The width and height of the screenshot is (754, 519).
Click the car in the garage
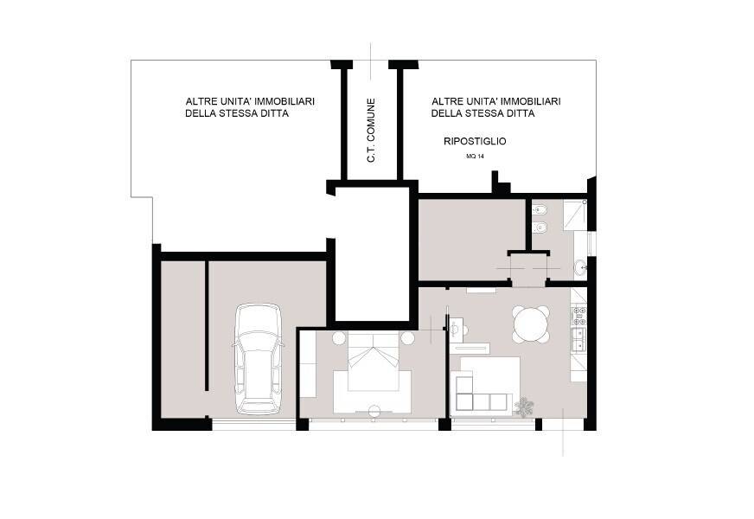[x=258, y=359]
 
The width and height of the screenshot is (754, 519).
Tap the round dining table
[x=530, y=324]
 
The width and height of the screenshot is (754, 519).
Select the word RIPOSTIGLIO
[x=475, y=141]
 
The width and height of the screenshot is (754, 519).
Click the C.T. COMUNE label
[x=371, y=131]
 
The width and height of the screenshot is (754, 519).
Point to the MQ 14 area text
[x=475, y=157]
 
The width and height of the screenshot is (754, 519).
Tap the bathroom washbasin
[x=581, y=266]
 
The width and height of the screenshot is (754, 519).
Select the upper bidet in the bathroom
[x=539, y=209]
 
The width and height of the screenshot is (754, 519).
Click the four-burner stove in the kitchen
[x=579, y=317]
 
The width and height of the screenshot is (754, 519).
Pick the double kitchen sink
[x=579, y=338]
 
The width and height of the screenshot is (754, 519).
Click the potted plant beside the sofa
[x=524, y=407]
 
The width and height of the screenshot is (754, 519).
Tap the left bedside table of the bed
[x=339, y=338]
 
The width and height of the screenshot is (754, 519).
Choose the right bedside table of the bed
[x=408, y=338]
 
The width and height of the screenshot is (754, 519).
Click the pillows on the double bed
[x=374, y=356]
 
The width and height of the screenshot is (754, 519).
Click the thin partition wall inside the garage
[x=207, y=325]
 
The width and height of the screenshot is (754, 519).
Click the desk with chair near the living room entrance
[x=458, y=327]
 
